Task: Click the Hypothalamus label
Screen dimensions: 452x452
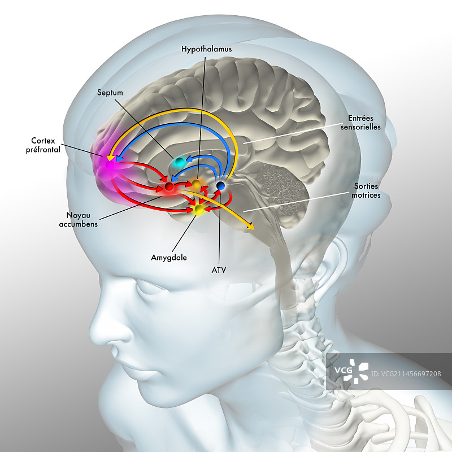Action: coord(206,49)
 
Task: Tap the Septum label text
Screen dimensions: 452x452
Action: coord(110,93)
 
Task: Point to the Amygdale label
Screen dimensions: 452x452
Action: coord(168,257)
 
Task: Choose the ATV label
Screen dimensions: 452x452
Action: coord(219,270)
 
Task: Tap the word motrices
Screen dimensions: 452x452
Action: coord(367,195)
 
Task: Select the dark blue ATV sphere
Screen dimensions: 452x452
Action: coord(221,185)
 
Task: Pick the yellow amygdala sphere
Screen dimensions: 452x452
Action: coord(199,210)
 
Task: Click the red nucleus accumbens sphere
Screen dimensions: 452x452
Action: coord(168,186)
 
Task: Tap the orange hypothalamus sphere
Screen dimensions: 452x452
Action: coord(196,183)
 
